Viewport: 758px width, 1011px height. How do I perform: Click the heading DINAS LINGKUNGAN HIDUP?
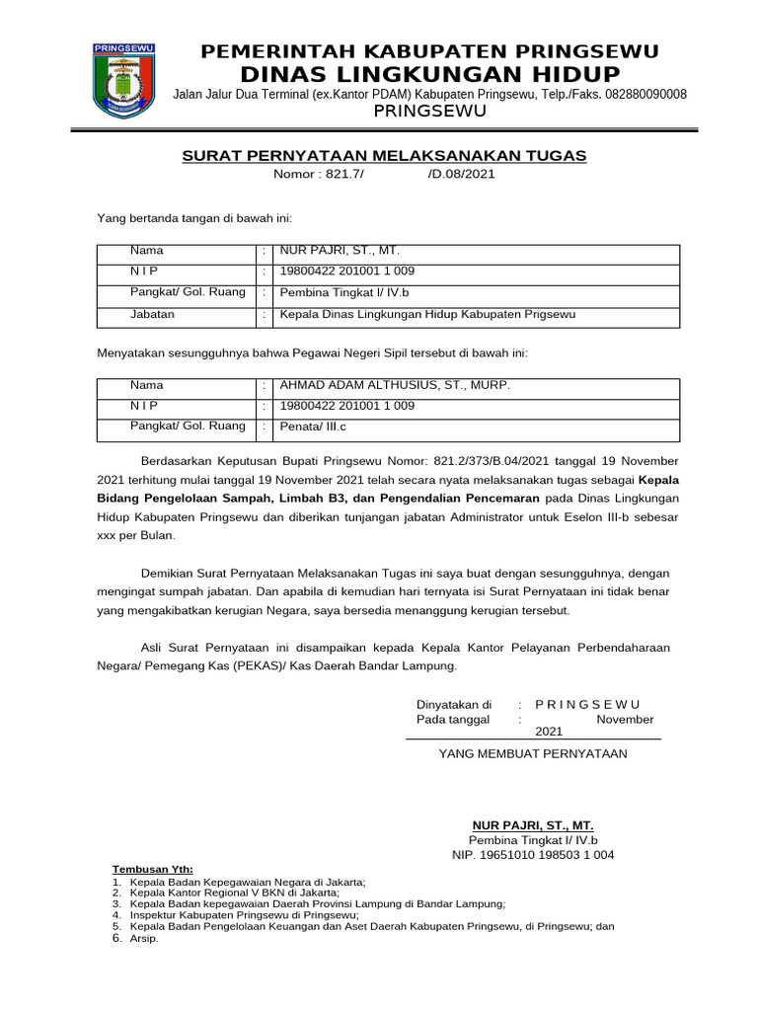pos(430,75)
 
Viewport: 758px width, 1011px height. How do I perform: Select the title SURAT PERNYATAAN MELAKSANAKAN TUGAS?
pos(384,156)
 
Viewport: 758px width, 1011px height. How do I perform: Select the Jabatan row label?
pos(152,314)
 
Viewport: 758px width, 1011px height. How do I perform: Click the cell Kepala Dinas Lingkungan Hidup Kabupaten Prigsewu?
pos(427,314)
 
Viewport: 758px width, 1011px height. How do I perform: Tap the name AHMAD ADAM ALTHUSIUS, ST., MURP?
pos(395,385)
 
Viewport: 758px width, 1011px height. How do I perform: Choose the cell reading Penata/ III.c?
pos(315,427)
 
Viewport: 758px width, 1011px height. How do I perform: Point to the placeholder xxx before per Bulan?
pos(107,535)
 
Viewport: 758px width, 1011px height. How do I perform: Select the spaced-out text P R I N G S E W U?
pos(587,704)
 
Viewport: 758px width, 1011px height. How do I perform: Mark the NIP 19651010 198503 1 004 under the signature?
pos(533,855)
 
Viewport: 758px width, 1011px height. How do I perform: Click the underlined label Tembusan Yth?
pos(152,869)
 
